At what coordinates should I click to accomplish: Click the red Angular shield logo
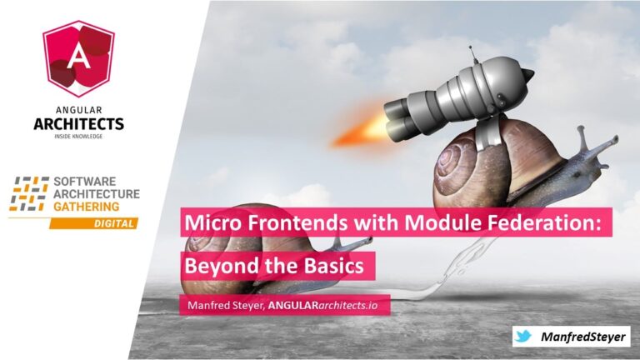78,58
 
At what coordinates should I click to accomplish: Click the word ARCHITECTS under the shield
79,123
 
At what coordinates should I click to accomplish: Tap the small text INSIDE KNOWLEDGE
78,137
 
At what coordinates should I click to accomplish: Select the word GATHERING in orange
87,207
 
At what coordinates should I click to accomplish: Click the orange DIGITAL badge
94,223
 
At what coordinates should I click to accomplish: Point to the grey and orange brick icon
28,193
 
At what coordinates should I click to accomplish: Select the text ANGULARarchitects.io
322,305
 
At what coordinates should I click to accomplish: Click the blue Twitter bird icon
523,336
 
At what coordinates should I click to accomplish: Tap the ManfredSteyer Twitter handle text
582,337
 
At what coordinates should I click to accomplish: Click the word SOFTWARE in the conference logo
85,181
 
